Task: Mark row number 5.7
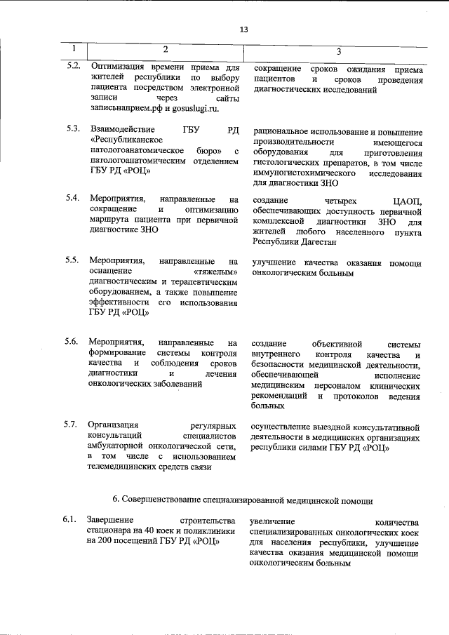pos(72,425)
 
